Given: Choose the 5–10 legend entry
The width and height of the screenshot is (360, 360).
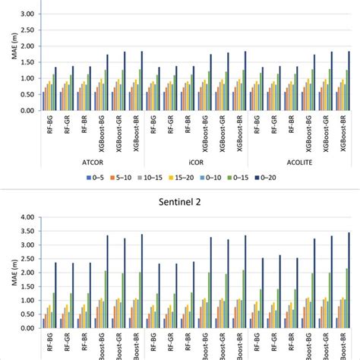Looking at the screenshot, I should (130, 178).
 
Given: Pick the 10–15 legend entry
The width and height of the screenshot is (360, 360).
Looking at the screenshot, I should (163, 178).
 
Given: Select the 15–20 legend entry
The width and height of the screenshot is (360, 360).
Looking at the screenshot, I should (198, 178).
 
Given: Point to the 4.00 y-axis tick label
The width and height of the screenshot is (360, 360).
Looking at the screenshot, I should (26, 217).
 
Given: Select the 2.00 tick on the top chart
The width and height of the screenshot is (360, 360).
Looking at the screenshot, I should (26, 46).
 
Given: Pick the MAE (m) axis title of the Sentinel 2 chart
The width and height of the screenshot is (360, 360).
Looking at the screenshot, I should (7, 273).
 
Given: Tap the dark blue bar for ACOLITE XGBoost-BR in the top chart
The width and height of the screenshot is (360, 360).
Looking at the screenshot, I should (349, 81).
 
